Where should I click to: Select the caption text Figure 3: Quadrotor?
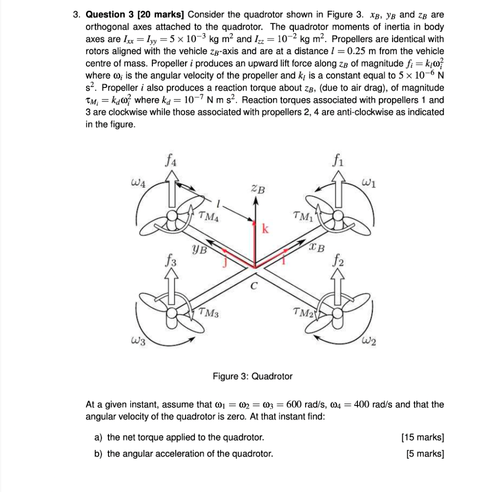click(x=252, y=376)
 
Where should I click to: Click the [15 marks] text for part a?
click(x=422, y=437)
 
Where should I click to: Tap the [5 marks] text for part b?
click(x=425, y=454)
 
